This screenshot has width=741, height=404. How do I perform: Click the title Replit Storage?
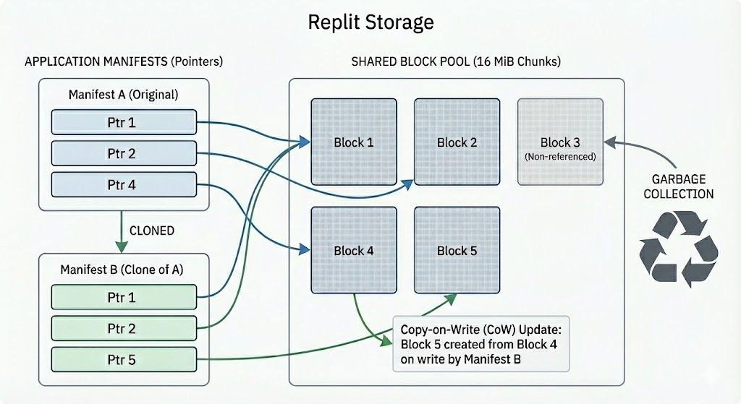point(370,22)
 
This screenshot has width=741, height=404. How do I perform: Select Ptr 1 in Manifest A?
point(124,122)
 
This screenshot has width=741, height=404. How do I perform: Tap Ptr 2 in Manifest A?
point(124,153)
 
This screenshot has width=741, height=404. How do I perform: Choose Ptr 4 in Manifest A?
point(124,184)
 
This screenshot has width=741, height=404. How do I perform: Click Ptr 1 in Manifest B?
point(124,297)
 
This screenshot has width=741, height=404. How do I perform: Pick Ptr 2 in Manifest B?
point(124,328)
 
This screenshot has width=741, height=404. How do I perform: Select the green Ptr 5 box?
point(124,359)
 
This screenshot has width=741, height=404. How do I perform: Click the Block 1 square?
point(354,142)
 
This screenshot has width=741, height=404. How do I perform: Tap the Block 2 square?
point(457,142)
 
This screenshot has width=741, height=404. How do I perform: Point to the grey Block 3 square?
point(559,142)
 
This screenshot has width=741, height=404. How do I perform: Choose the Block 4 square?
point(354,250)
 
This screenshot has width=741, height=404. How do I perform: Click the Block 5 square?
point(457,250)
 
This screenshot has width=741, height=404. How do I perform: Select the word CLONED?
point(151,231)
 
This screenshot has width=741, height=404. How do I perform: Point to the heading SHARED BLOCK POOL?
point(456,61)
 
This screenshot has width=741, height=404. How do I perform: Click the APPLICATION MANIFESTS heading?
point(123,61)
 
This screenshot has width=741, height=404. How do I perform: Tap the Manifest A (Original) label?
point(123,95)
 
